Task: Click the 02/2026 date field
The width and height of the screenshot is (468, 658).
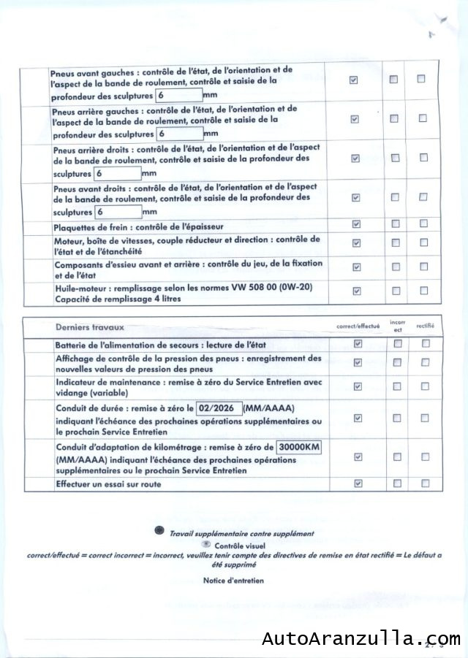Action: tap(219, 409)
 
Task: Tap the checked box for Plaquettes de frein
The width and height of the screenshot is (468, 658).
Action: tap(355, 223)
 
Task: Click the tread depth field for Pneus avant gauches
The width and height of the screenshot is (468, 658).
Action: tap(179, 96)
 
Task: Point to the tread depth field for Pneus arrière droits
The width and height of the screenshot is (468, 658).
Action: tap(117, 174)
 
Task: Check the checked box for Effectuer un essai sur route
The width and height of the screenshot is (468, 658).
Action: tap(358, 483)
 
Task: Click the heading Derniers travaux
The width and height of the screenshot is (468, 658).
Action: tap(90, 326)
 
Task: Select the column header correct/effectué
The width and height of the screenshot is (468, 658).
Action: tap(358, 326)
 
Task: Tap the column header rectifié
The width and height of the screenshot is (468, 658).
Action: tap(425, 326)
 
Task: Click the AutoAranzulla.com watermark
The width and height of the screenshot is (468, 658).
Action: tap(361, 639)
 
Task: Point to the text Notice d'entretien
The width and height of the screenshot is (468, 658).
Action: tap(234, 581)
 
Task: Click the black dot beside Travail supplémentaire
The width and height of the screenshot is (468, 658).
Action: tap(159, 532)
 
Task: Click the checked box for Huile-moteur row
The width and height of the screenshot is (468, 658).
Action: tap(356, 291)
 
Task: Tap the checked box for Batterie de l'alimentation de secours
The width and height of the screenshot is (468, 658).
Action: tap(358, 343)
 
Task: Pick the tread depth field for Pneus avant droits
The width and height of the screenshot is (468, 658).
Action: tap(117, 212)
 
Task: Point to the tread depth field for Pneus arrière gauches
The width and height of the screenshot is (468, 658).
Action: tap(179, 134)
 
